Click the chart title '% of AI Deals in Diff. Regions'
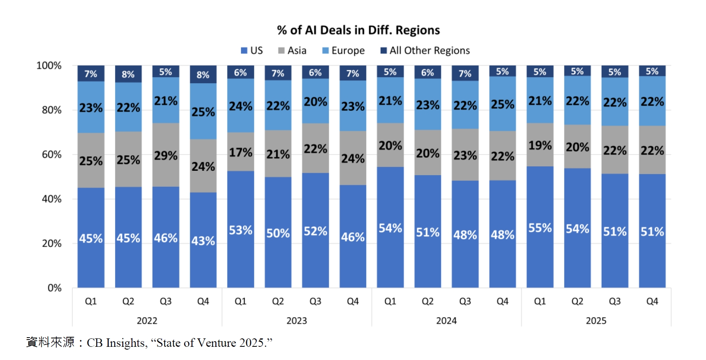[358, 30]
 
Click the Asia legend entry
[292, 51]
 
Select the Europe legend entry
[343, 51]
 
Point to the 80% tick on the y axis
[52, 110]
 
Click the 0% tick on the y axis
[54, 288]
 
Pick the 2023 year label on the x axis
[297, 321]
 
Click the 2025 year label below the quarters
[596, 321]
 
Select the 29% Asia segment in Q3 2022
[166, 155]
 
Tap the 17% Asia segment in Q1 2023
[240, 152]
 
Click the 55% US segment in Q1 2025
[540, 227]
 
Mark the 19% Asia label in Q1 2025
[540, 145]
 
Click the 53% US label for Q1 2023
[240, 230]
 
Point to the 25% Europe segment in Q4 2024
[503, 104]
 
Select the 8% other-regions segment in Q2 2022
[128, 74]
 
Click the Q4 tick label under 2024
[503, 301]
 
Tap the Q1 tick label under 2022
[91, 301]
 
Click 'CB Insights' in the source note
[116, 343]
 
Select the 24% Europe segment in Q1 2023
[240, 106]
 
